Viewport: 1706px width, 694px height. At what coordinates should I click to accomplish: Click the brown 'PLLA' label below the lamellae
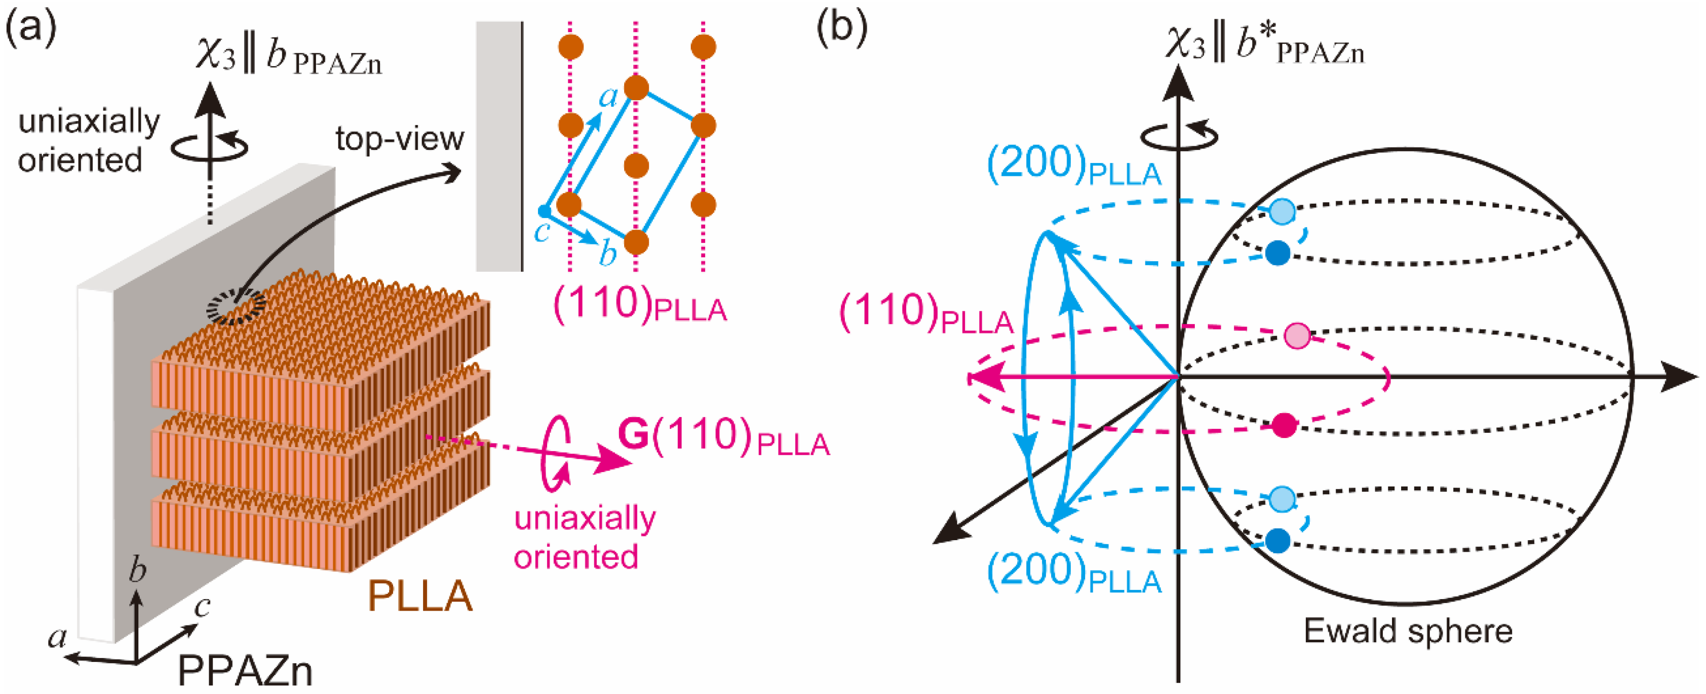coord(420,596)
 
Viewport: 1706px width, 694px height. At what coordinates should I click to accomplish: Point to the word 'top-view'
coord(399,139)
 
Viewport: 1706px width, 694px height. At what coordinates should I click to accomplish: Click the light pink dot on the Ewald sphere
coord(1297,336)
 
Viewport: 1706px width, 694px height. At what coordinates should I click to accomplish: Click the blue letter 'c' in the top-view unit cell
coord(542,232)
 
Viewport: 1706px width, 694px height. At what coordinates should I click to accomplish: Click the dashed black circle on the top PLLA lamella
coord(236,307)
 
